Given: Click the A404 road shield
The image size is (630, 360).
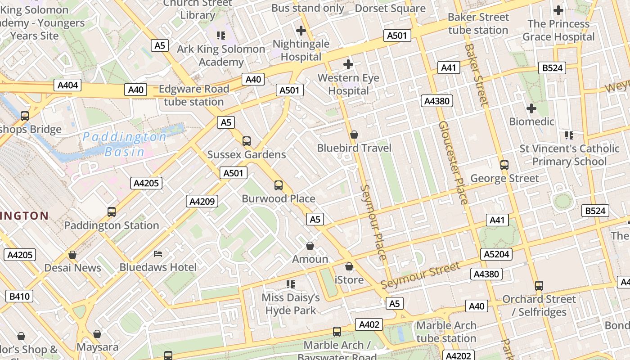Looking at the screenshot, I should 68,85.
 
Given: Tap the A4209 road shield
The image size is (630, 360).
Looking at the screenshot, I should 202,201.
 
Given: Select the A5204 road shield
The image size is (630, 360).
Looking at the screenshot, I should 497,254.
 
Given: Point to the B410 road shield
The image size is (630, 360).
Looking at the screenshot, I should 19,296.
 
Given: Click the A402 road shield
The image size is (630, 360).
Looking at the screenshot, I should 369,324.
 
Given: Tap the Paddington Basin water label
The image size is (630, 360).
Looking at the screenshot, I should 125,144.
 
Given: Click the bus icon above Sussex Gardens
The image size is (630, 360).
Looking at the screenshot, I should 246,141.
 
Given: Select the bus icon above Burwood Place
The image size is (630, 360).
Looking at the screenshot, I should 279,185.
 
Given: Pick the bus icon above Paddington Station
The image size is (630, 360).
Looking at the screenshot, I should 111,212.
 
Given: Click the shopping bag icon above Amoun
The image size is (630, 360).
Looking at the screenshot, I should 310,246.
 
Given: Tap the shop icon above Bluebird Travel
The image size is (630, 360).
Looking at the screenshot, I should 354,135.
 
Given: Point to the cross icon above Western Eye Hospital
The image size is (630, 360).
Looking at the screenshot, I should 348,65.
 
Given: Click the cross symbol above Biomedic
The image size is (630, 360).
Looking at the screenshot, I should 531,108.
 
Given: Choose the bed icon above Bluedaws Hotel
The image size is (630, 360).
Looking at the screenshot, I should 158,254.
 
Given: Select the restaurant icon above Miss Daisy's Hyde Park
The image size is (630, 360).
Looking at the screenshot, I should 291,284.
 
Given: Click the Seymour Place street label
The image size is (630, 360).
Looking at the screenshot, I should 374,222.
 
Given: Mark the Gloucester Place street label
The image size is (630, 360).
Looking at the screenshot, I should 454,162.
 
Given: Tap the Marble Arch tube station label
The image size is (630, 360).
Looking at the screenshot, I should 446,332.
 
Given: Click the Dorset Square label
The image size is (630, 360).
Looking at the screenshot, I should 390,9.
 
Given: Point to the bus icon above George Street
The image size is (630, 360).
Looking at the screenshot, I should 504,165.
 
